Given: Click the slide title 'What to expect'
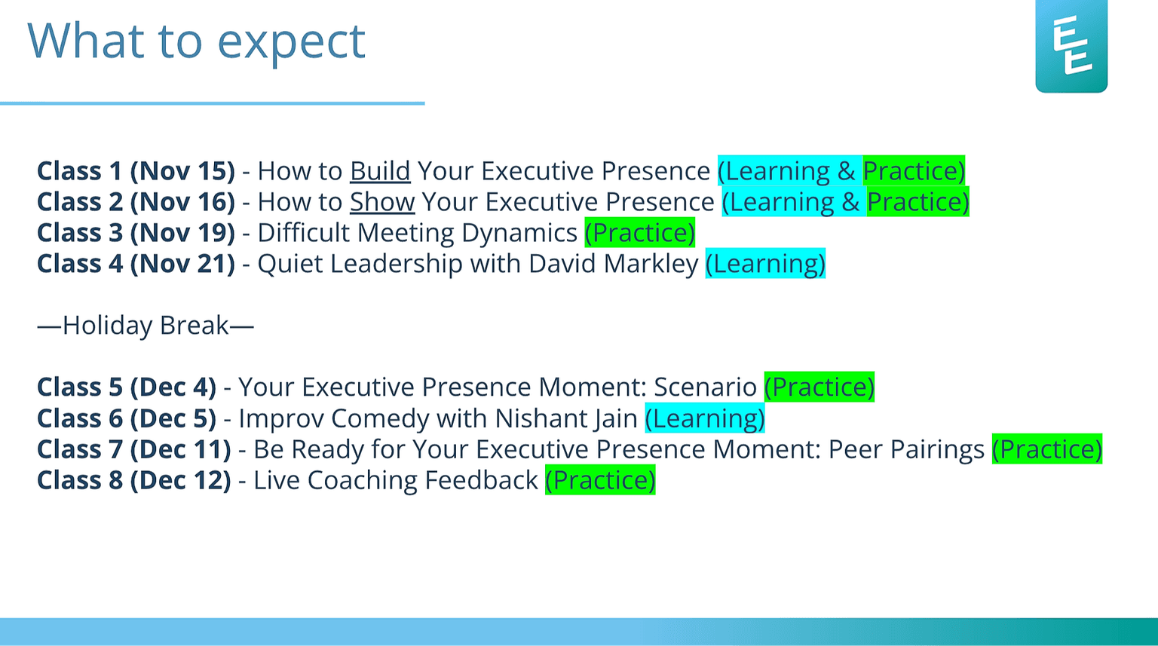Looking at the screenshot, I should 196,41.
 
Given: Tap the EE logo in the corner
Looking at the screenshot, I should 1071,47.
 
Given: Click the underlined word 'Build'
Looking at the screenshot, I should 380,171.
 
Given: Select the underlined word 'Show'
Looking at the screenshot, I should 382,202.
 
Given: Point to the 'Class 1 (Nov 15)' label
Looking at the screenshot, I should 136,171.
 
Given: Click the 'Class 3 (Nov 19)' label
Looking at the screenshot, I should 136,233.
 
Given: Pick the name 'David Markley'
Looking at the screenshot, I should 613,264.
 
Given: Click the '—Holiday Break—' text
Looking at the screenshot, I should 146,326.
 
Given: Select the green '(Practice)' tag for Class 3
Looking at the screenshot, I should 639,233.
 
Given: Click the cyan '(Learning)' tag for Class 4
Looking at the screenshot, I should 765,264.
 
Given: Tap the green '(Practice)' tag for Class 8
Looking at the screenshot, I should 600,480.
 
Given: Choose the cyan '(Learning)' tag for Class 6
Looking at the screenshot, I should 705,418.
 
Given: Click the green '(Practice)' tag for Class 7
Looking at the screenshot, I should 1046,449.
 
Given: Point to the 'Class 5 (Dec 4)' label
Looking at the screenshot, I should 127,387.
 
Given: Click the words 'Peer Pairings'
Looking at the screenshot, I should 906,449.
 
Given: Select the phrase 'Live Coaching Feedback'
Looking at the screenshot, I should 395,480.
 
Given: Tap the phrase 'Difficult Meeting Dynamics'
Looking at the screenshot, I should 417,233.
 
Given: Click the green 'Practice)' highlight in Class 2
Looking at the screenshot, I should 918,202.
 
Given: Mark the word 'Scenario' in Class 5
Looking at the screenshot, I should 705,387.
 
